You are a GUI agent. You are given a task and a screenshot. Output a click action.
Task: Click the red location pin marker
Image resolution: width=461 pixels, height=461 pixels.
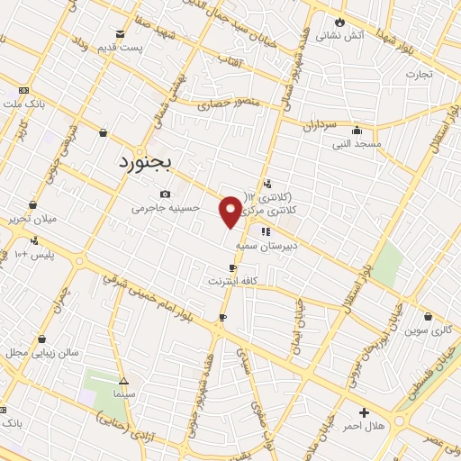[x=230, y=211]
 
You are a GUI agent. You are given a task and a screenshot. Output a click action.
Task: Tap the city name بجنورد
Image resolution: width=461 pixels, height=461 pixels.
[x=149, y=162]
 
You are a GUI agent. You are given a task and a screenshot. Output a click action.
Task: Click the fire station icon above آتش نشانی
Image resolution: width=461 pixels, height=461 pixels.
[x=339, y=23]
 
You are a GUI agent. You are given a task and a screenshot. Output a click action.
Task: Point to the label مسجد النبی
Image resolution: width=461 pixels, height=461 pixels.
[x=357, y=143]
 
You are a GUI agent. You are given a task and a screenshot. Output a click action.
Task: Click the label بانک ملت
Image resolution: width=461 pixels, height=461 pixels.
[x=24, y=105]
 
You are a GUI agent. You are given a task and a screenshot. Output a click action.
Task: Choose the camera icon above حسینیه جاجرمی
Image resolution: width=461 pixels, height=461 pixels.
[x=165, y=194]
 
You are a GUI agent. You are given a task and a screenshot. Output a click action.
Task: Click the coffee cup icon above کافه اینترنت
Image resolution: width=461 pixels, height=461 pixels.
[x=233, y=268]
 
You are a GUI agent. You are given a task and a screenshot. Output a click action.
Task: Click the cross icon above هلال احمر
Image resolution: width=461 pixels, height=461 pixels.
[x=364, y=411]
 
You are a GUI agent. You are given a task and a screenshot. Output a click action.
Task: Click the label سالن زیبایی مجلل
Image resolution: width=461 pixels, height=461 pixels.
[x=40, y=352]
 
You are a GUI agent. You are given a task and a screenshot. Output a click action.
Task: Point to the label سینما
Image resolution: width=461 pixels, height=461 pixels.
[x=123, y=394]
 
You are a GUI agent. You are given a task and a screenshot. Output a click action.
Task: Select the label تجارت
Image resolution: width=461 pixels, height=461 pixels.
[x=420, y=74]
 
